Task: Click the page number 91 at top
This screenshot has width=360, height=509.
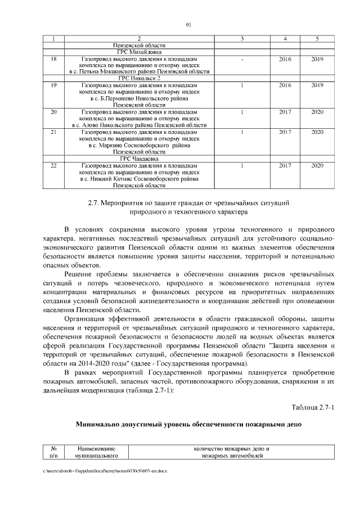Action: (188, 24)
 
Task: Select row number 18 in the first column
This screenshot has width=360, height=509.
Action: (53, 58)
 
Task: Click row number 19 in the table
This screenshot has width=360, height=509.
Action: (53, 85)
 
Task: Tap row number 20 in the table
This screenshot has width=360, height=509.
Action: (53, 112)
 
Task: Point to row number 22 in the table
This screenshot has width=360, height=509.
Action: (53, 166)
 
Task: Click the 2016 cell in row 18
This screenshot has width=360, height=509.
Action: (285, 58)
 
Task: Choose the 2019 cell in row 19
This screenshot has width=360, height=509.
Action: (317, 85)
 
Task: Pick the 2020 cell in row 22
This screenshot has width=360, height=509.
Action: (317, 166)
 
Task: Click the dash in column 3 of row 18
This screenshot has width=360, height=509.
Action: (241, 58)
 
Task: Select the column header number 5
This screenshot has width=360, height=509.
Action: (317, 38)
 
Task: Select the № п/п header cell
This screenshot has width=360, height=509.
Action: (54, 453)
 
